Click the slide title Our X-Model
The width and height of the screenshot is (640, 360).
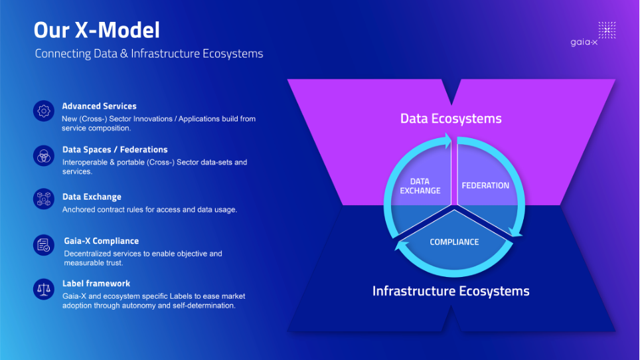coord(97,31)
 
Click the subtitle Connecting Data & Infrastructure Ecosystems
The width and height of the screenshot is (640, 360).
coord(149,54)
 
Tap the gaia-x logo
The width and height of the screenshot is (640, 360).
coord(602,34)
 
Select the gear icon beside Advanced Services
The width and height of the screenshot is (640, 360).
coord(44,111)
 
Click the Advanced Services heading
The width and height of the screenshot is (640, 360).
coord(99,106)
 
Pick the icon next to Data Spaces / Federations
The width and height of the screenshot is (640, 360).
coord(44,155)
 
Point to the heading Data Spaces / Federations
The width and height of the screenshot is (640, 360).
coord(114,149)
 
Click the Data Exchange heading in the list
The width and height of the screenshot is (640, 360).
coord(92,197)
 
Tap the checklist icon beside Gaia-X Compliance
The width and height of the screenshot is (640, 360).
coord(44,245)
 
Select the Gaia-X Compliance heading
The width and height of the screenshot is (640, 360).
coord(101,241)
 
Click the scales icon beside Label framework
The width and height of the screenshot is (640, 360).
coord(44,288)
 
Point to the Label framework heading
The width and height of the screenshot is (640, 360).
coord(96,283)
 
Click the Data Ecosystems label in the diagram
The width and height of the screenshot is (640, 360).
coord(451,119)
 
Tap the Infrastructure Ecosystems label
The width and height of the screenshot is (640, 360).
coord(451,291)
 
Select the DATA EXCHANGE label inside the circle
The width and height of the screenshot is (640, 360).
coord(420,186)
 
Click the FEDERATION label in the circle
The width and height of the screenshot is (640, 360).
coord(485,185)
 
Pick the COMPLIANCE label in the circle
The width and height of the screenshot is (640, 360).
coord(454,242)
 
